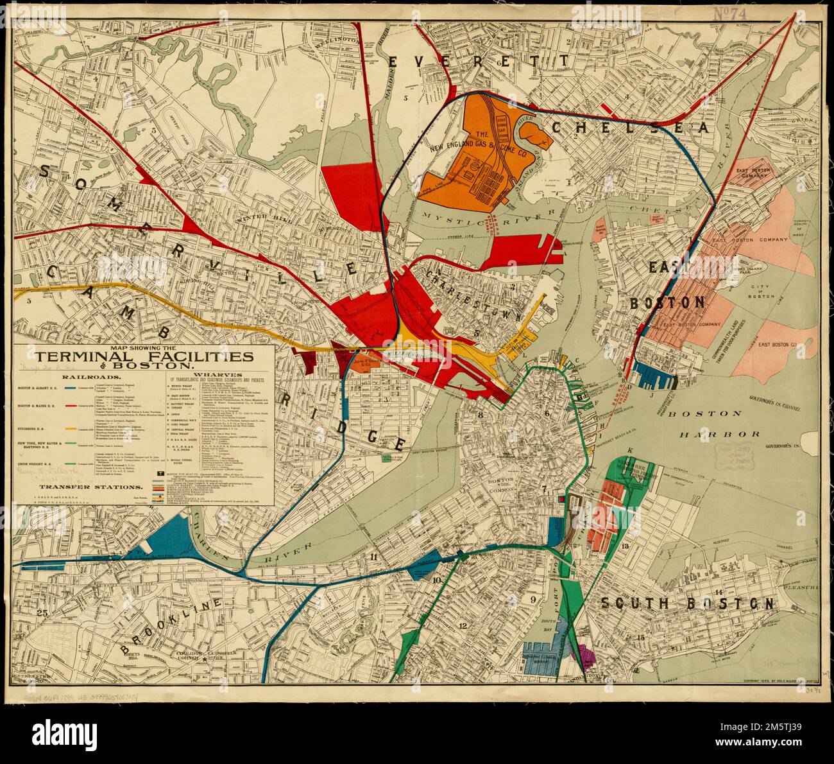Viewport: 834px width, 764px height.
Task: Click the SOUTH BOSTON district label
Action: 687,603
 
